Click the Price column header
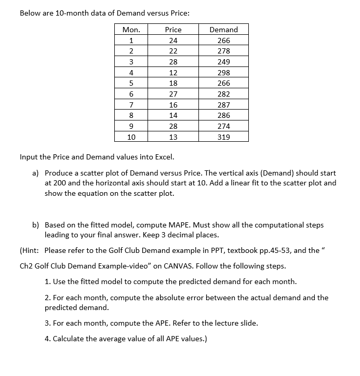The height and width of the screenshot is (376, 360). coord(173,30)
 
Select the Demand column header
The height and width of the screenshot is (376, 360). coord(223,30)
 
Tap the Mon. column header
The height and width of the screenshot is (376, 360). coord(131,30)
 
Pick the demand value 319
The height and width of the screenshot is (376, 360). coord(223,137)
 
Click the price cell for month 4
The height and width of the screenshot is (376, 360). coord(173,73)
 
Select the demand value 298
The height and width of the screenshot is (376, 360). coord(223,73)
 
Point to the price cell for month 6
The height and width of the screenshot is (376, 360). coord(173,94)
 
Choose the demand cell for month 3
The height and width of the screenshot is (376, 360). coord(223,62)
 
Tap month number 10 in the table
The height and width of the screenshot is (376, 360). coord(131,137)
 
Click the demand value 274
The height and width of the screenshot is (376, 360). coord(223,126)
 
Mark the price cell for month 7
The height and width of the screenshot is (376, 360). coord(173,105)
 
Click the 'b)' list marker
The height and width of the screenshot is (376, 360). coord(36,225)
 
